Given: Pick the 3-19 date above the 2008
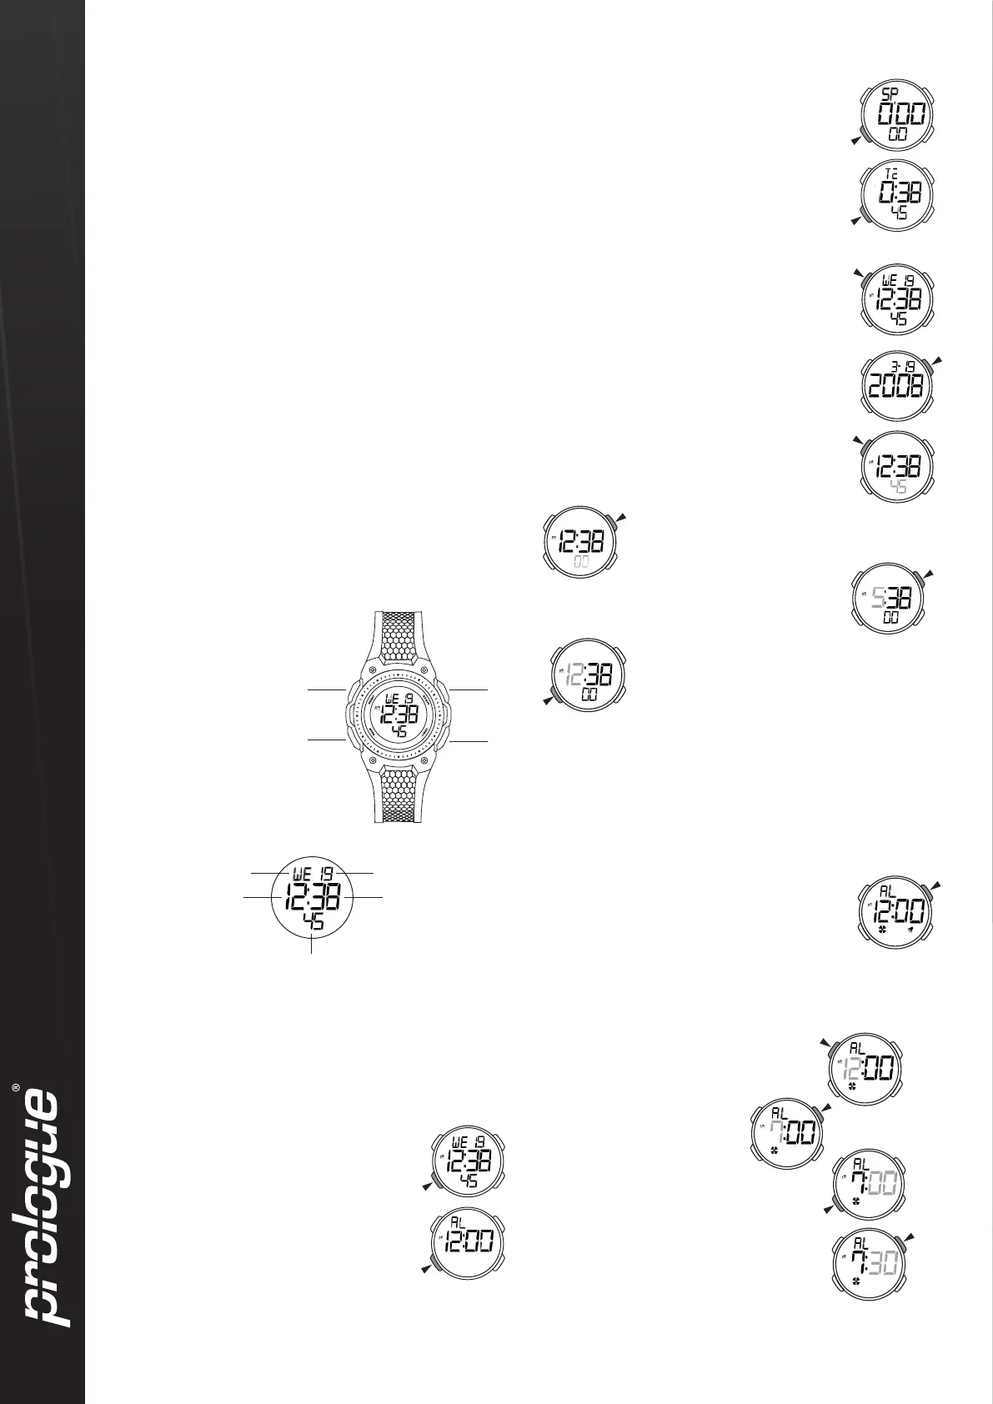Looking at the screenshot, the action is click(x=904, y=364).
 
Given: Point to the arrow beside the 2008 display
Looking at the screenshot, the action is click(x=940, y=359).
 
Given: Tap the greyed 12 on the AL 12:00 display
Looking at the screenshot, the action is click(x=853, y=1067).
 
